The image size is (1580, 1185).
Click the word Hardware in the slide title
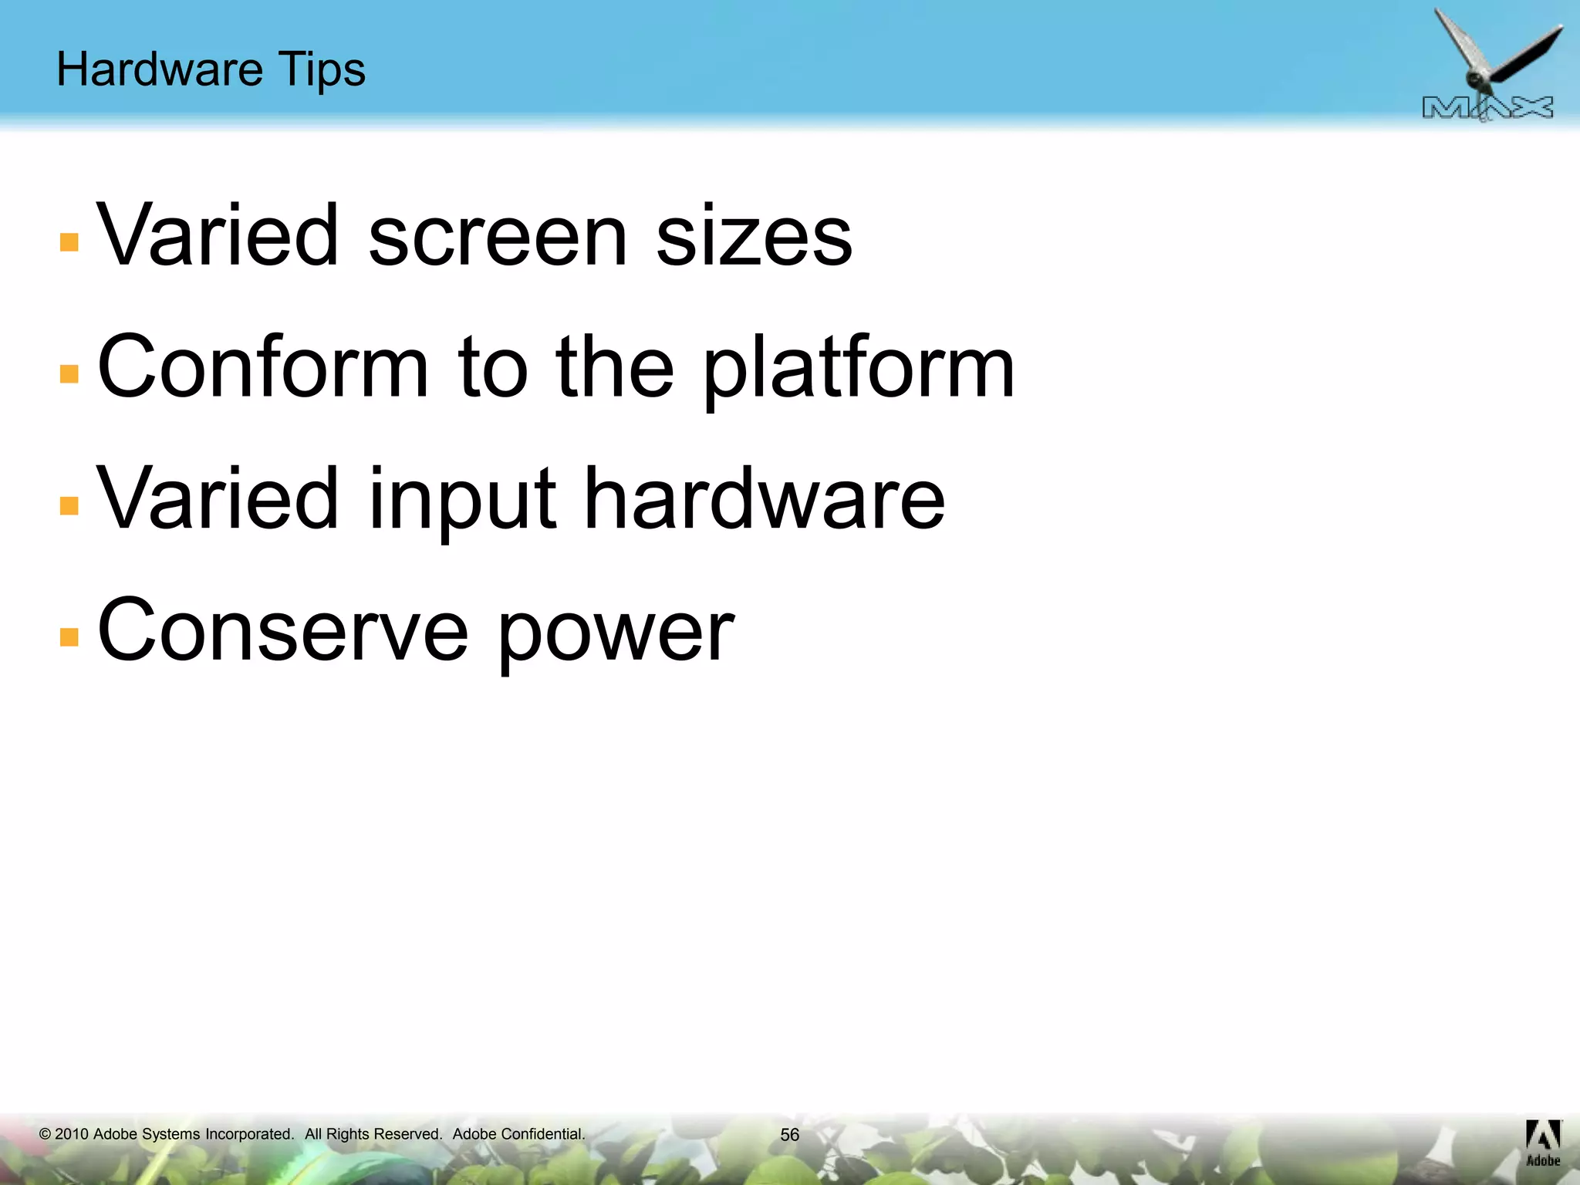160,69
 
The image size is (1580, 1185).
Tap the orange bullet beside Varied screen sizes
69,242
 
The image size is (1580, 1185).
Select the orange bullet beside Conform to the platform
69,373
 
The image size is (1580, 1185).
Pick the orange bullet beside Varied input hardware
69,505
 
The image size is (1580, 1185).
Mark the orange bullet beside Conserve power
69,636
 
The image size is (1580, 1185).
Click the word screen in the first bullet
498,235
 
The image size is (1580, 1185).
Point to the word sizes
754,235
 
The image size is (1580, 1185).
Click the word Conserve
282,630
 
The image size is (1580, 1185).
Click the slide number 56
789,1135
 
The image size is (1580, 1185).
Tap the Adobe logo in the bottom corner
1543,1143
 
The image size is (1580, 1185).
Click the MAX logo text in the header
1487,109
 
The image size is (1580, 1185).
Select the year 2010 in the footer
72,1134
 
